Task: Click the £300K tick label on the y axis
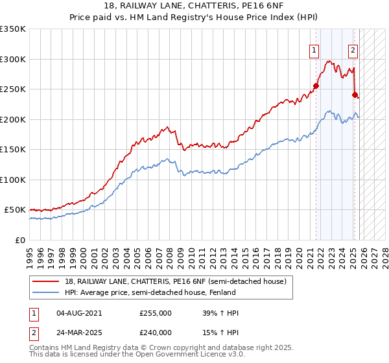[x=13, y=59]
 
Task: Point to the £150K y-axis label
[x=13, y=149]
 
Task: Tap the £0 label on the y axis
[x=21, y=240]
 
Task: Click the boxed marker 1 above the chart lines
[x=314, y=50]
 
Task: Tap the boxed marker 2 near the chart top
[x=353, y=50]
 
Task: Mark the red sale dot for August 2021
[x=316, y=86]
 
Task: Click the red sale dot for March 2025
[x=355, y=95]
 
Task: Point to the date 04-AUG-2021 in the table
[x=80, y=313]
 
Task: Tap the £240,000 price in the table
[x=156, y=332]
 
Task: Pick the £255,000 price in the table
[x=156, y=313]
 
